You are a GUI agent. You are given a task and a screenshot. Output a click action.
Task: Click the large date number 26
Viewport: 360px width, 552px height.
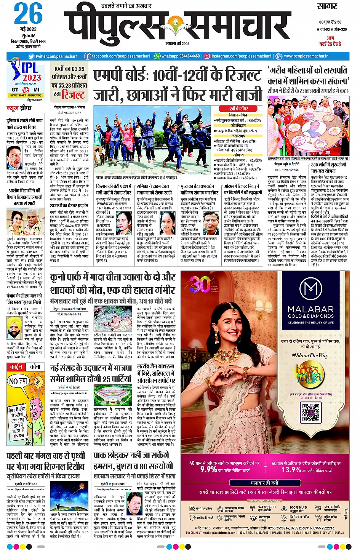[x=28, y=14]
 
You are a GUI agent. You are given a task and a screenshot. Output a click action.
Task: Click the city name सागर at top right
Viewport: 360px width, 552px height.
[x=327, y=6]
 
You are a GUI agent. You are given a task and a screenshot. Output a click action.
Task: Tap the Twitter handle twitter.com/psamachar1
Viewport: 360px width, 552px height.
[x=56, y=56]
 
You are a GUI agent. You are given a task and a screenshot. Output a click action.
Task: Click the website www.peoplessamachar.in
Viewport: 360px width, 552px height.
[x=306, y=56]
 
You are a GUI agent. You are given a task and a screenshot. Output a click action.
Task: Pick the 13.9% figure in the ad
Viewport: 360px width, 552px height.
[x=291, y=469]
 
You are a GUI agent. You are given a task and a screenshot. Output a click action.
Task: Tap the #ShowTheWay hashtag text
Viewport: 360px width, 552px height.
[x=310, y=355]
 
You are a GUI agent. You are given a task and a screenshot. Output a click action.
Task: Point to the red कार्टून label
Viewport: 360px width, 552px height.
[x=16, y=367]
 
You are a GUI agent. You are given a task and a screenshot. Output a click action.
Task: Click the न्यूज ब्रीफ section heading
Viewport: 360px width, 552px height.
[x=19, y=109]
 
